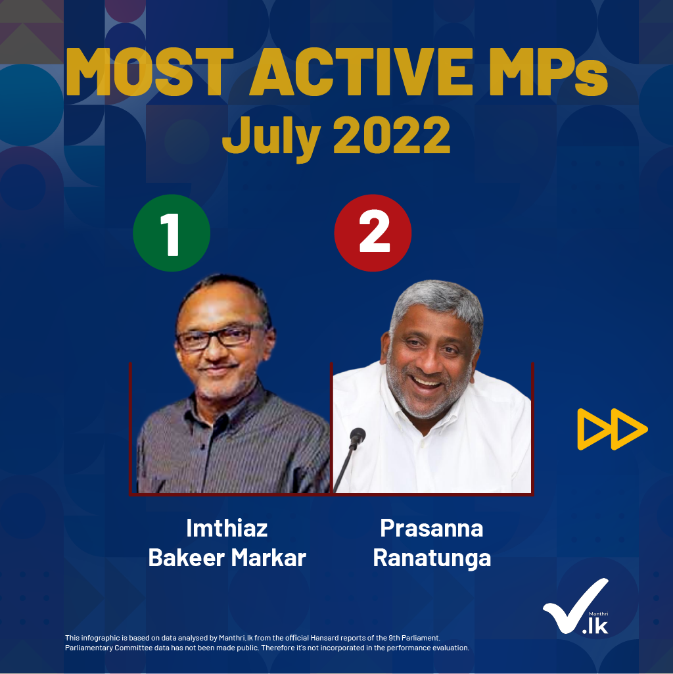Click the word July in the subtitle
pyautogui.click(x=271, y=137)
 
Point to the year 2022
pyautogui.click(x=392, y=134)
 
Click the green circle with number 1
pyautogui.click(x=172, y=233)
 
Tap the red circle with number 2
pyautogui.click(x=373, y=233)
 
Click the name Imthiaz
pyautogui.click(x=227, y=528)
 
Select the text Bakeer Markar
pyautogui.click(x=227, y=558)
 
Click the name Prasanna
pyautogui.click(x=432, y=528)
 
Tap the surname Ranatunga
pyautogui.click(x=432, y=558)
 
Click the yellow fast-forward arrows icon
pyautogui.click(x=613, y=429)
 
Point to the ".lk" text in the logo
pyautogui.click(x=595, y=626)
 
